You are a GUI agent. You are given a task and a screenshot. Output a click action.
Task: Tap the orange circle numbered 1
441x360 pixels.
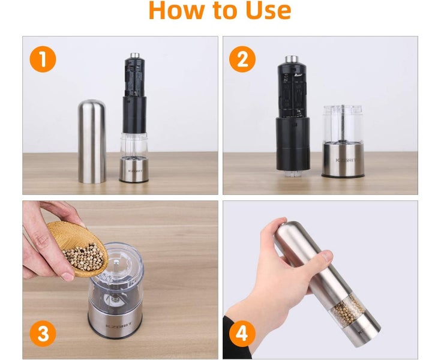tap(43, 59)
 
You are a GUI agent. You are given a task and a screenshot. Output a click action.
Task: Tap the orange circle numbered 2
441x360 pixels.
tap(242, 59)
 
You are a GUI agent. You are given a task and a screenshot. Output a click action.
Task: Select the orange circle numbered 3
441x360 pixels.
tap(43, 334)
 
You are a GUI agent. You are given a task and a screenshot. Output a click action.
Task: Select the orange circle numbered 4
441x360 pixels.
tap(242, 334)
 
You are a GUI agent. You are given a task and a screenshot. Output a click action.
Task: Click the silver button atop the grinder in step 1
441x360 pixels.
tap(136, 55)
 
